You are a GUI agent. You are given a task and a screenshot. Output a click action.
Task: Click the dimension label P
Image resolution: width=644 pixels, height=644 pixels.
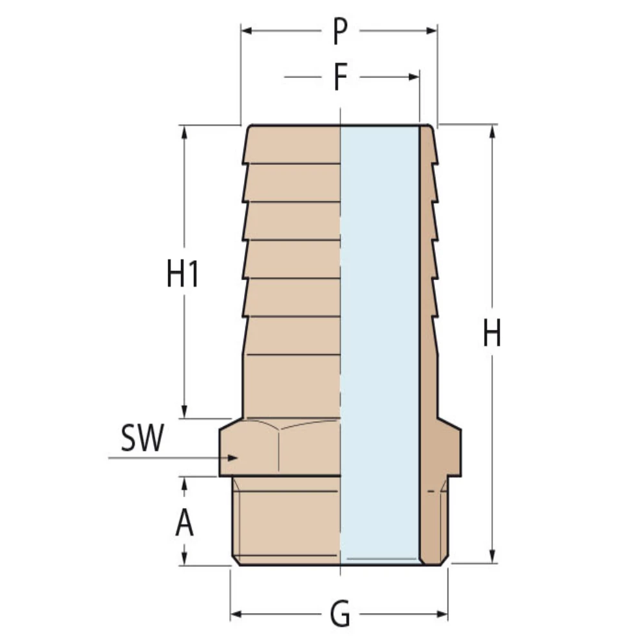pos(340,32)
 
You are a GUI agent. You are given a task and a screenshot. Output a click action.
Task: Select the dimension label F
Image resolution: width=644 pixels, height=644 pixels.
pos(340,77)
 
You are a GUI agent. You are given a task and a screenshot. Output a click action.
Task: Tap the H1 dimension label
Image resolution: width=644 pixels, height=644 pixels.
pos(183,276)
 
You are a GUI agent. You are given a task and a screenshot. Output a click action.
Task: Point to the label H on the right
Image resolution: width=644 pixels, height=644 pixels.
pos(492,334)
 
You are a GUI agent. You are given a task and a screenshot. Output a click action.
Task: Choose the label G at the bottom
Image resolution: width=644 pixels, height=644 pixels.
pos(340,615)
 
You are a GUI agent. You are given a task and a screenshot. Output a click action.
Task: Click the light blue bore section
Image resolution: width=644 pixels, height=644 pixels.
pos(380,341)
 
